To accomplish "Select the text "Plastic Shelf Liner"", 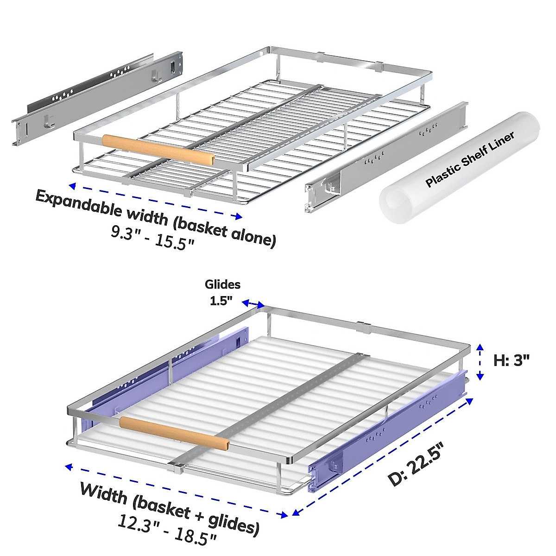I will point(470,160).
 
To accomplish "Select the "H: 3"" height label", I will point(512,360).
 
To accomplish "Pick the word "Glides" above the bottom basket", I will point(223,284).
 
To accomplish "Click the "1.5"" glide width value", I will point(221,301).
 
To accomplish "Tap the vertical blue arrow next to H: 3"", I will point(481,361).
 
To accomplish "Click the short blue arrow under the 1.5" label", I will point(253,303).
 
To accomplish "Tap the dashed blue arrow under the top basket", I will point(156,201).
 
